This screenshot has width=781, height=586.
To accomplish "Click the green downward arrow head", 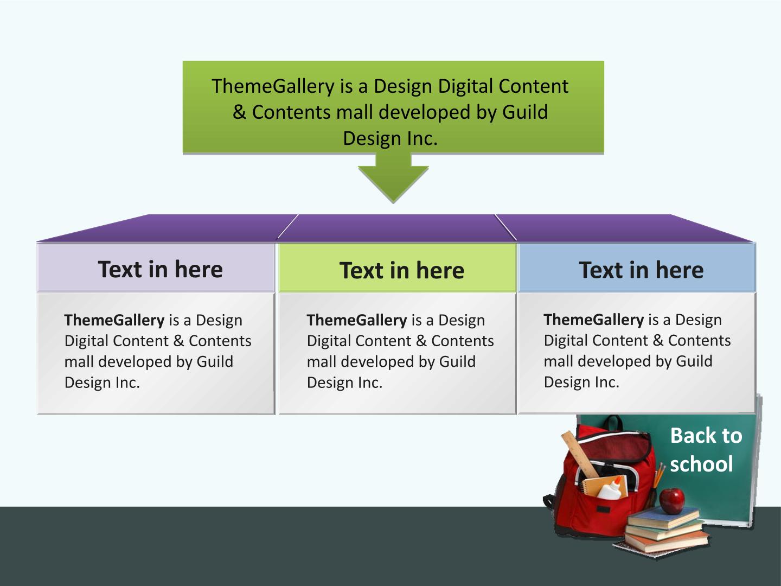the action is pos(393,183).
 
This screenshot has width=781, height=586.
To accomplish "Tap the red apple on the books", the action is pos(672,501).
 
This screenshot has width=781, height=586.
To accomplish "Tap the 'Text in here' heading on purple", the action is pos(160,269).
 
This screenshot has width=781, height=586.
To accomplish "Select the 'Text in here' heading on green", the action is pos(402,270).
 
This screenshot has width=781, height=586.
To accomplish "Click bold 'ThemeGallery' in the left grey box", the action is pos(114,320).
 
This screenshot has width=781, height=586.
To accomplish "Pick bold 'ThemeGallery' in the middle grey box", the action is pos(357,320).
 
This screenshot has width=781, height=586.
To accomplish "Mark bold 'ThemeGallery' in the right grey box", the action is pos(593,320).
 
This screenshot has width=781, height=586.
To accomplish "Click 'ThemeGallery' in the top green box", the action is pos(273,86).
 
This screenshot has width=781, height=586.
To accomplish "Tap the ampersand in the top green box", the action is pos(239,112).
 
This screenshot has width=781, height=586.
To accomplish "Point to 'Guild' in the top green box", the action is pos(525,112).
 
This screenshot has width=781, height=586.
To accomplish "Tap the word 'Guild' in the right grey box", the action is pos(694,361).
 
